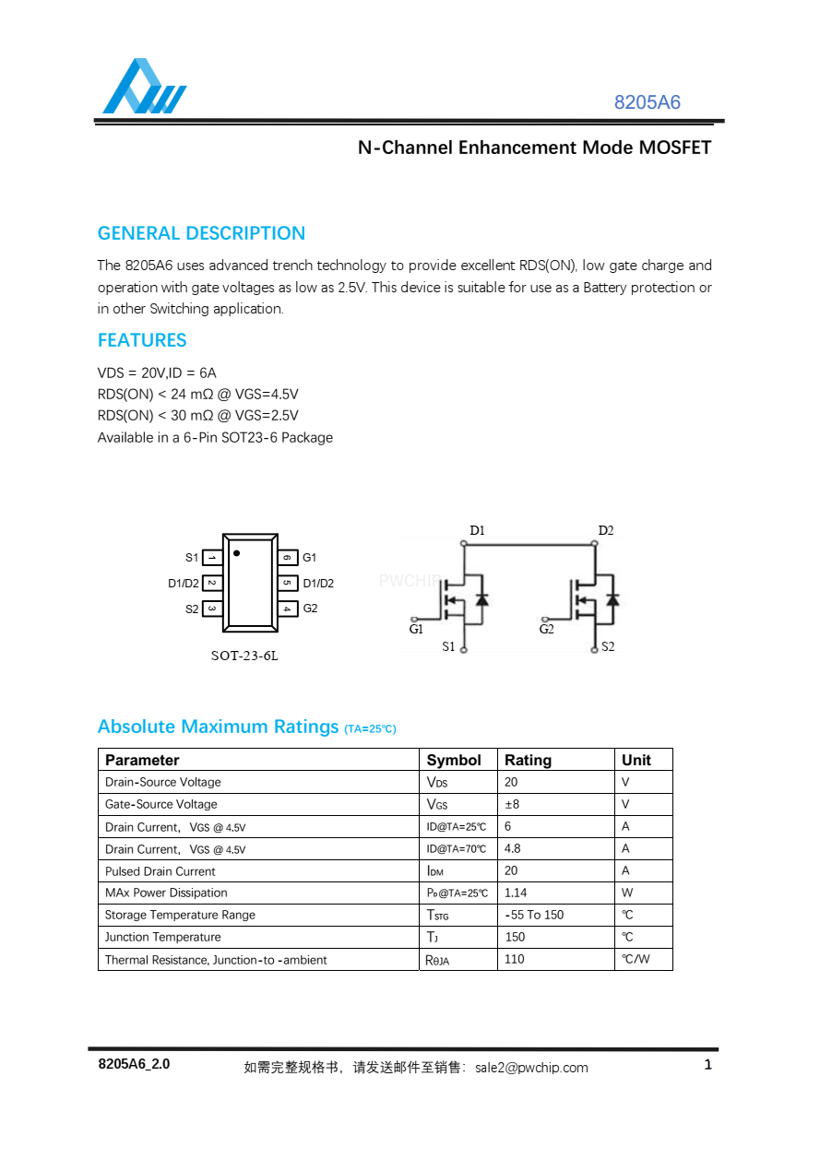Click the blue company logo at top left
point(144,87)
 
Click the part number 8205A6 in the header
point(647,102)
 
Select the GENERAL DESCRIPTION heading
point(201,233)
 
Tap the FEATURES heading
point(142,340)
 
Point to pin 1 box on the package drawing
point(211,558)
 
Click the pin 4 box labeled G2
point(288,609)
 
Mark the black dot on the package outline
point(237,553)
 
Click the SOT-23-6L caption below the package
point(244,656)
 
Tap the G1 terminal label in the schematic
point(416,630)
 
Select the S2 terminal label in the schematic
point(608,647)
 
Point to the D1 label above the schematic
point(477,530)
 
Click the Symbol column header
point(454,760)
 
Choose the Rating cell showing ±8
point(512,804)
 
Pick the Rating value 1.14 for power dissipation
point(516,893)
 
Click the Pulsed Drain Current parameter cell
point(160,871)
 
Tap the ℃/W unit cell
point(636,959)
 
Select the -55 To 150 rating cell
point(534,915)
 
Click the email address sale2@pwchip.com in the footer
point(531,1068)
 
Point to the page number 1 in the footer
point(707,1066)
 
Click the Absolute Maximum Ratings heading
point(219,727)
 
